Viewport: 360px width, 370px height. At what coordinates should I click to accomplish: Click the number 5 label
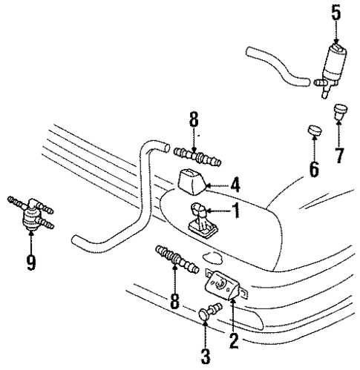336,13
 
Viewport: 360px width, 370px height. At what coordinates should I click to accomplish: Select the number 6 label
313,169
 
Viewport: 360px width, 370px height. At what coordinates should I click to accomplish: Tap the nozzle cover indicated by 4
193,180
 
